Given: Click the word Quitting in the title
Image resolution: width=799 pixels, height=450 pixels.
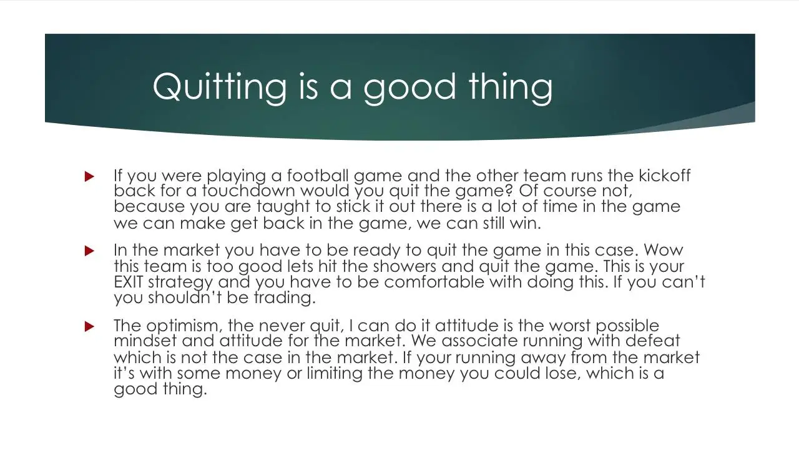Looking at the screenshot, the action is click(x=220, y=88).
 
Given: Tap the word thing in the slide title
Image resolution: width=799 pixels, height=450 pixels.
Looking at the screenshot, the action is click(x=511, y=88).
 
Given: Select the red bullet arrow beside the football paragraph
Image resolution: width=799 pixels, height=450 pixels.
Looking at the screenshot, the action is click(x=89, y=176).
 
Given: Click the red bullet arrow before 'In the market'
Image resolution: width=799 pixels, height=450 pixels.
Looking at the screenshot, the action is click(x=89, y=251).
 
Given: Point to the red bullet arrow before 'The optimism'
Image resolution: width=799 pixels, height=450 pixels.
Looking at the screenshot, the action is click(x=89, y=326).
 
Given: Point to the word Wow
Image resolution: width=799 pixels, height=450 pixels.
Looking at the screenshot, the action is click(x=664, y=250).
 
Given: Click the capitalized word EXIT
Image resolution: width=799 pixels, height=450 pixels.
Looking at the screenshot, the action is click(x=129, y=282).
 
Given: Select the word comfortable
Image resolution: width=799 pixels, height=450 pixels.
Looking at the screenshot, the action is click(x=434, y=282).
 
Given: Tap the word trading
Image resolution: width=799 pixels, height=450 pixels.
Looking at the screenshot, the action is click(x=285, y=298).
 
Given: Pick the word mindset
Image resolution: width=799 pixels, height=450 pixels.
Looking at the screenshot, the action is click(x=145, y=341).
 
